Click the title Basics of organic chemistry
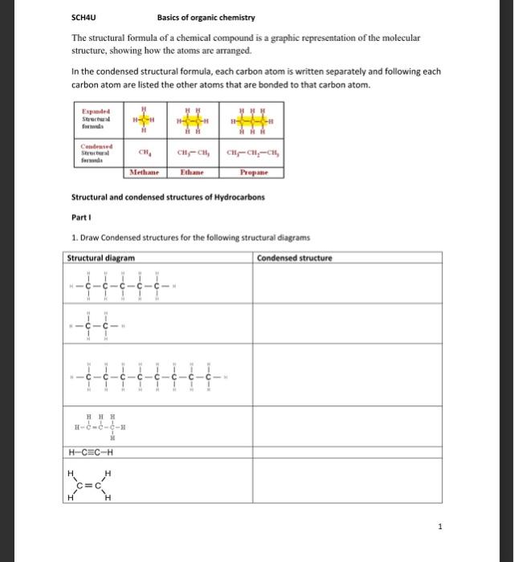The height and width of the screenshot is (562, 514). (206, 18)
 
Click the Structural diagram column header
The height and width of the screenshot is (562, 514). (101, 258)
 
